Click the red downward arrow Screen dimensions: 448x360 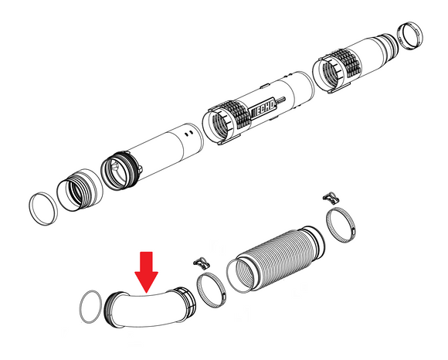146,271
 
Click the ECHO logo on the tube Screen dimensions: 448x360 263,109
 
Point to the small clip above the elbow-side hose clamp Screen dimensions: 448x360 202,263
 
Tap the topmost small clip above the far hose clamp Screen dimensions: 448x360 331,198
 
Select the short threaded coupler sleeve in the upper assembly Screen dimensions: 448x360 80,190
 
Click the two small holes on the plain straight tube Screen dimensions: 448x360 189,134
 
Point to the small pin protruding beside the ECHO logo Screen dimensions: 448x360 281,100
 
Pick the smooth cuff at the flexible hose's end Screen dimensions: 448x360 314,243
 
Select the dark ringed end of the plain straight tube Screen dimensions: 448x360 120,172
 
